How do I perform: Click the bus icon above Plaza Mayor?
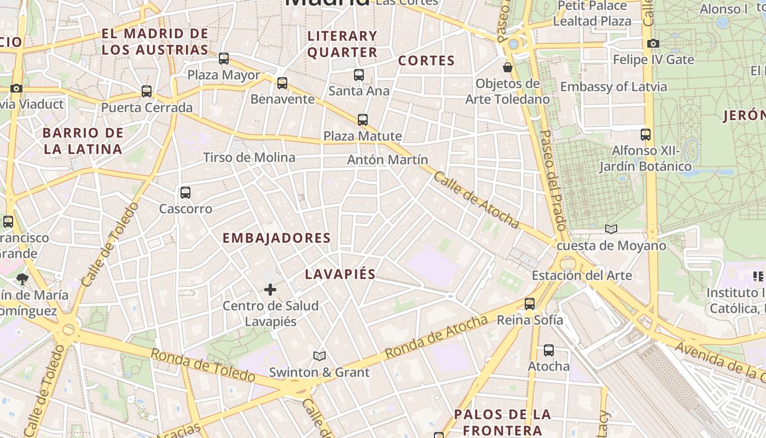tap(223, 59)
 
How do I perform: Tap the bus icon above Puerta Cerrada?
tap(147, 91)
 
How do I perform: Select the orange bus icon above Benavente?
tap(282, 83)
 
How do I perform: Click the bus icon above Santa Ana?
tap(359, 75)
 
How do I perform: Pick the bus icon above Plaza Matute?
tap(362, 120)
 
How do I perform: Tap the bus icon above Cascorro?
tap(185, 193)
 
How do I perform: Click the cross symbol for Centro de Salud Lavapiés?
tap(270, 290)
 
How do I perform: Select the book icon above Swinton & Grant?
tap(320, 356)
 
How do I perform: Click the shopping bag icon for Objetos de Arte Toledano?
tap(508, 67)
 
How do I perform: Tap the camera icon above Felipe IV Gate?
tap(653, 44)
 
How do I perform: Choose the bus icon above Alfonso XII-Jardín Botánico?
tap(646, 134)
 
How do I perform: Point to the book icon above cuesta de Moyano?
tap(611, 229)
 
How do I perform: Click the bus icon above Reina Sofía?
tap(529, 304)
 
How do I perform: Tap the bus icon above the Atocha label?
tap(549, 350)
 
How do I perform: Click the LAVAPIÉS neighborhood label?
tap(340, 274)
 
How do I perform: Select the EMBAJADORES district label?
tap(277, 238)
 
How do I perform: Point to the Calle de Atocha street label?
tap(477, 199)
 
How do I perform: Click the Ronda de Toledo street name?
tap(202, 365)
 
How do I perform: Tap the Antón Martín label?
tap(387, 159)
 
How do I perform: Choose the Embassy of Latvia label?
tap(613, 87)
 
